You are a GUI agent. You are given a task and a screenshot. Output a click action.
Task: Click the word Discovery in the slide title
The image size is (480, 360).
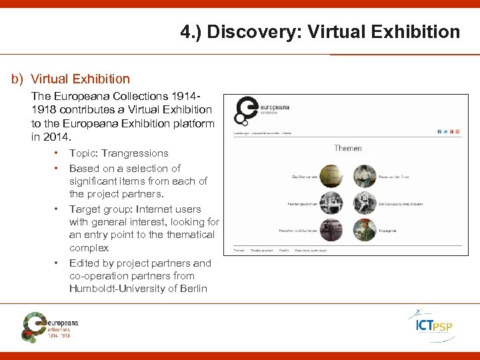pyautogui.click(x=244, y=31)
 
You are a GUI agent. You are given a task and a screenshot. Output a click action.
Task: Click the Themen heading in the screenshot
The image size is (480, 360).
pyautogui.click(x=347, y=148)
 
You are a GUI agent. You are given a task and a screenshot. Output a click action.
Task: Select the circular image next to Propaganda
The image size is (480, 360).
pyautogui.click(x=365, y=230)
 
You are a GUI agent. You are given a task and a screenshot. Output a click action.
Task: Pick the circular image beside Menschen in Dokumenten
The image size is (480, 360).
pyautogui.click(x=331, y=230)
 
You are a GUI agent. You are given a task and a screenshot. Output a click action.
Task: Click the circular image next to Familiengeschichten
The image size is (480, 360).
pyautogui.click(x=331, y=201)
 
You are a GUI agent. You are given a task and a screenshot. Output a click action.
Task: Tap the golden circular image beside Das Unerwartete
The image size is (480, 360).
pyautogui.click(x=331, y=175)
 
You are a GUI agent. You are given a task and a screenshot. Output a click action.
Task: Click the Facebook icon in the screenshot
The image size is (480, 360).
pyautogui.click(x=439, y=131)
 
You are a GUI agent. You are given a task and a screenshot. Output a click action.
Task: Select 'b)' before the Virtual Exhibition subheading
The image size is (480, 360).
pyautogui.click(x=17, y=79)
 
